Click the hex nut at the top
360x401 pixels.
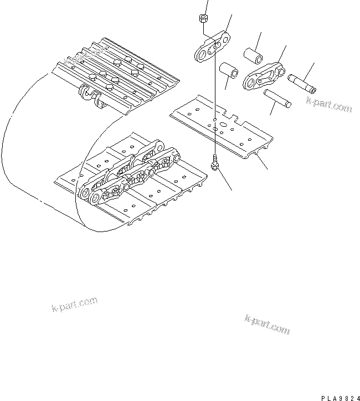click(x=203, y=19)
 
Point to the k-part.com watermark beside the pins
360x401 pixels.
click(x=329, y=105)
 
